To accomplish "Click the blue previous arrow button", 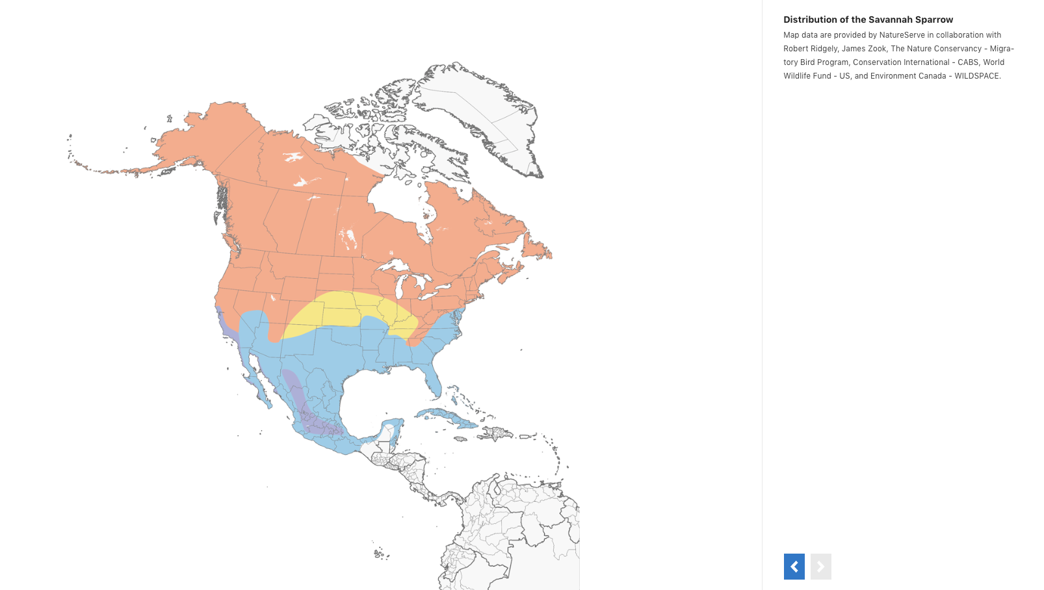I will click(794, 567).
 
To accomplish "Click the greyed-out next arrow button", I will click(820, 567).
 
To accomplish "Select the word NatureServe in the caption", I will click(902, 35).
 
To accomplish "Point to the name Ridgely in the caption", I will click(823, 49).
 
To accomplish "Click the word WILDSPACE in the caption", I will click(976, 76).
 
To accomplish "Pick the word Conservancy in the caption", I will click(955, 49).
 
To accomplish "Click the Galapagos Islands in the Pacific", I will click(382, 554).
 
